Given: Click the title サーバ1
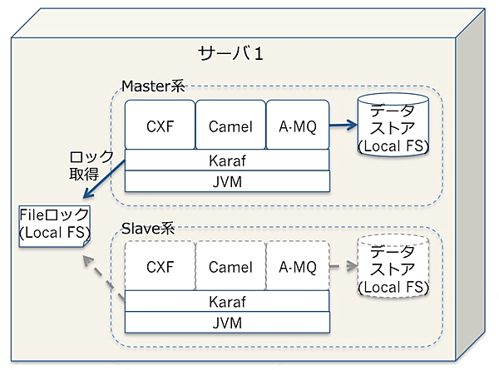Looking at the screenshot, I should [231, 55].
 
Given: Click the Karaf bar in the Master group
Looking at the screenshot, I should [227, 160].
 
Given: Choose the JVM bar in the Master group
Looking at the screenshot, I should [227, 180].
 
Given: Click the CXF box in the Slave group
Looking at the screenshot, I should [159, 267].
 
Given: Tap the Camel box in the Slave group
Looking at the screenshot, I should [230, 267].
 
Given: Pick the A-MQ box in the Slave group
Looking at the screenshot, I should [298, 267].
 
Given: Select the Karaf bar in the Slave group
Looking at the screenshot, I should [227, 301].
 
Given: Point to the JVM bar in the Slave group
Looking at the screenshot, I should [227, 322].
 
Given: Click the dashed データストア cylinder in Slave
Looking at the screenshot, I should [393, 269].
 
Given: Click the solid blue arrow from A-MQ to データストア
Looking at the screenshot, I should [343, 126].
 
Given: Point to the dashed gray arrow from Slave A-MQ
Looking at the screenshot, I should [343, 268].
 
